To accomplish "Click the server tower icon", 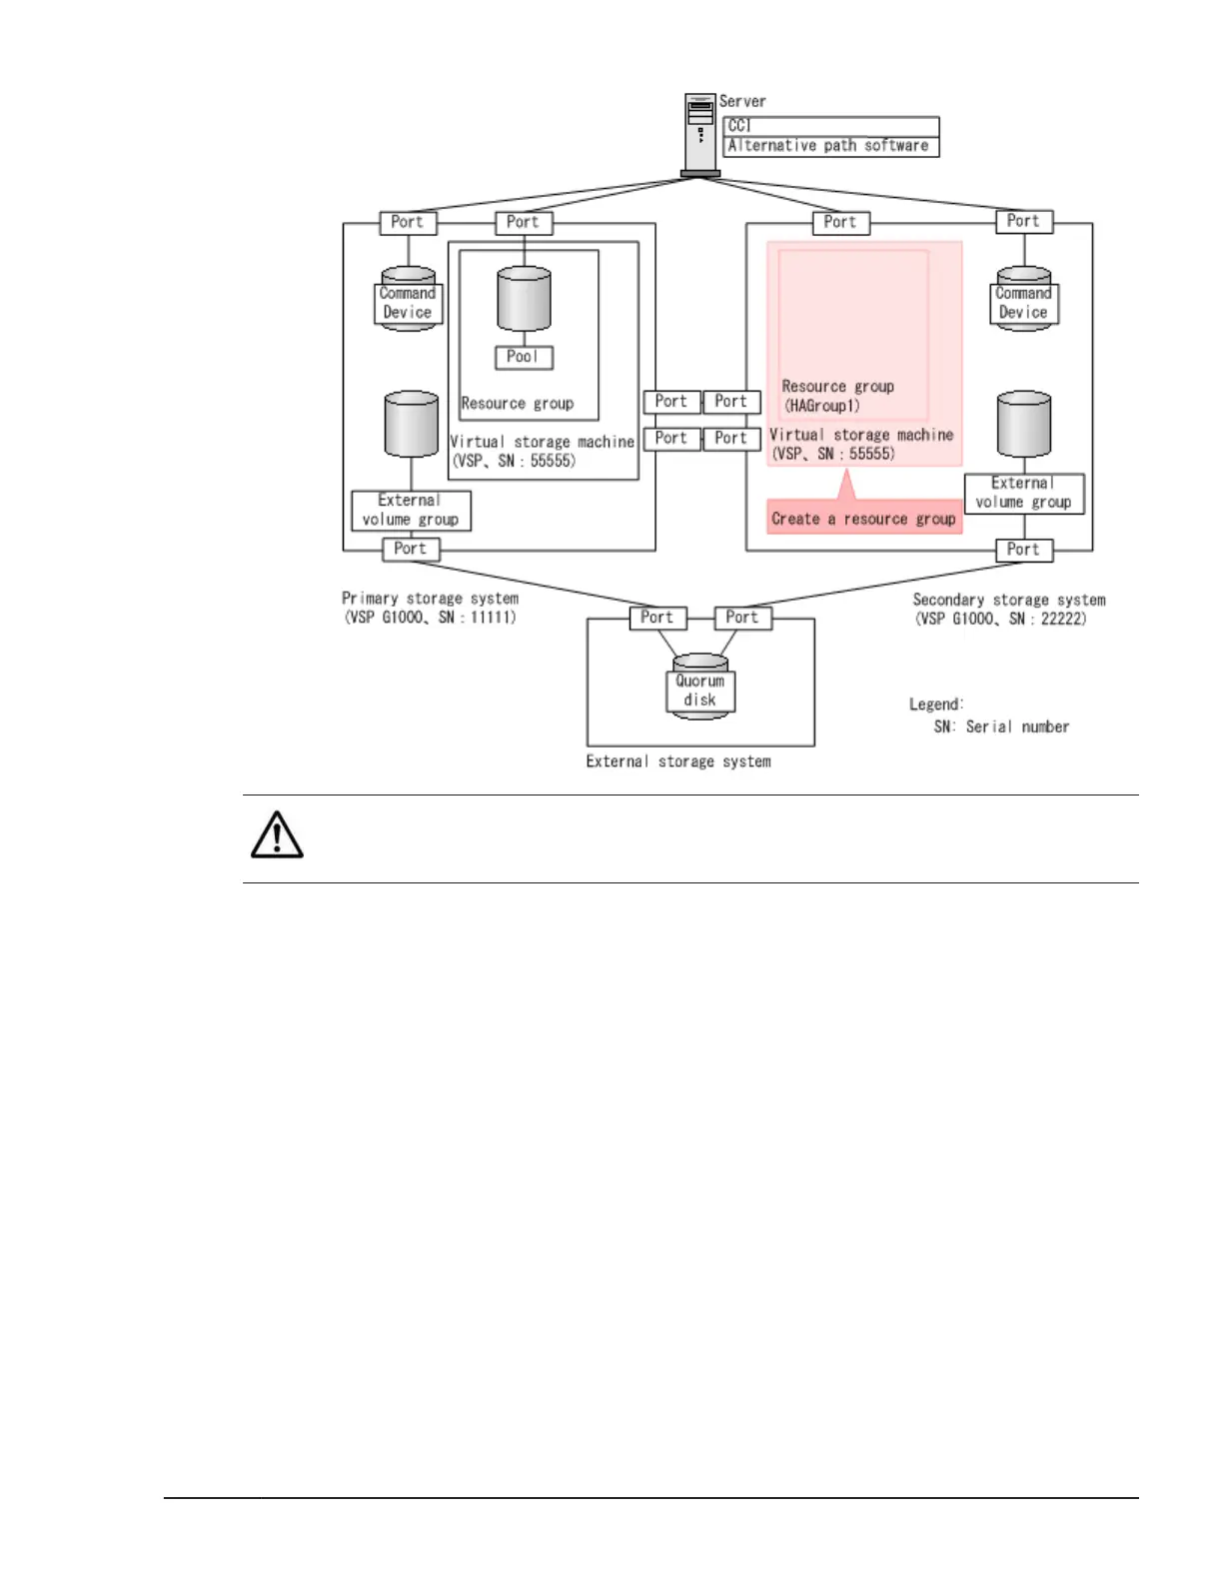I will (700, 134).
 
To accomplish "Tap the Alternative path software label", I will (830, 146).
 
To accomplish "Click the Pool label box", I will (524, 357).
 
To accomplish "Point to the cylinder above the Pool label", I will (524, 298).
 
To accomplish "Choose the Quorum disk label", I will (700, 691).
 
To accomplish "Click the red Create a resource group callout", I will (864, 519).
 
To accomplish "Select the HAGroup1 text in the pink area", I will (822, 406).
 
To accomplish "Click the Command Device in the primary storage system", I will (408, 302).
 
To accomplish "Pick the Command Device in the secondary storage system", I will (1023, 302).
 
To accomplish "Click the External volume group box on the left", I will (411, 510).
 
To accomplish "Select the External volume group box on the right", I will (1023, 493).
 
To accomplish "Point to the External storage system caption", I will (678, 762).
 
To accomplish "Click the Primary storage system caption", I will (431, 608).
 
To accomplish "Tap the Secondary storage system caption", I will (1008, 609).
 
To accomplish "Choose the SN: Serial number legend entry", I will (1001, 727).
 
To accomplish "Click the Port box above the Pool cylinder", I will (524, 222).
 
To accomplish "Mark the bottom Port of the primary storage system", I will (411, 549).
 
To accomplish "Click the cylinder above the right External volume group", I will (1024, 424).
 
